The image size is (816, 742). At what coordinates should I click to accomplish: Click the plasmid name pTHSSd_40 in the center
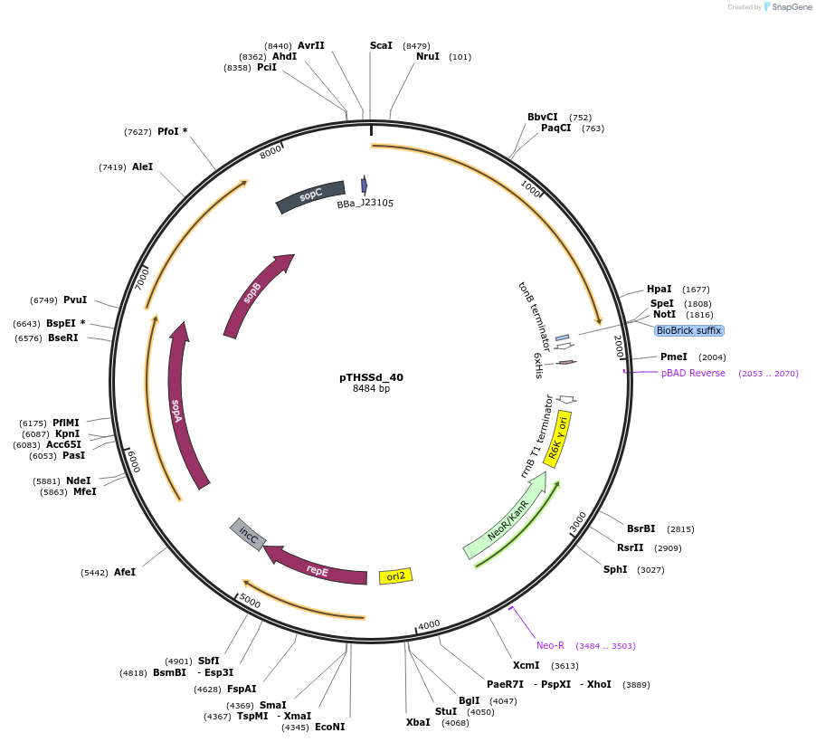[x=371, y=377]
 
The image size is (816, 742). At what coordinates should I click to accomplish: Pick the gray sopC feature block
[x=311, y=195]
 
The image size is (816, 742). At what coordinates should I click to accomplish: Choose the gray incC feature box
[x=248, y=535]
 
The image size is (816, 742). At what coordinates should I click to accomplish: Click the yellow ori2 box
[x=395, y=576]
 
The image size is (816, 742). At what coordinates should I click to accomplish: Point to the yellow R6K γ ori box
[x=558, y=439]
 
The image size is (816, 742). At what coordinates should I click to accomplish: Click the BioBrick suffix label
[x=688, y=330]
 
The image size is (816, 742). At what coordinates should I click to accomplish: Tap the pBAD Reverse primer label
[x=693, y=373]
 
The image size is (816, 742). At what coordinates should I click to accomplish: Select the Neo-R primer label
[x=550, y=645]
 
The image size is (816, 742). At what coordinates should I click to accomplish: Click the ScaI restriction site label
[x=381, y=45]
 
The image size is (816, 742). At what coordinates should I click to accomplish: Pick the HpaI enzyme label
[x=659, y=289]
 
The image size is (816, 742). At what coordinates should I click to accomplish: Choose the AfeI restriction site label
[x=124, y=572]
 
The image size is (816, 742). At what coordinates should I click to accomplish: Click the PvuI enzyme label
[x=75, y=300]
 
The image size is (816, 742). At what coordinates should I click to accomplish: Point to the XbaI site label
[x=418, y=722]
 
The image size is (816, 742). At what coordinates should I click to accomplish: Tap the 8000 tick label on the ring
[x=270, y=152]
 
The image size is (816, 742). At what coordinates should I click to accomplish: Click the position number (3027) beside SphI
[x=650, y=569]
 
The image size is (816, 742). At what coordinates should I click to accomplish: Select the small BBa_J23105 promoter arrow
[x=364, y=185]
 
